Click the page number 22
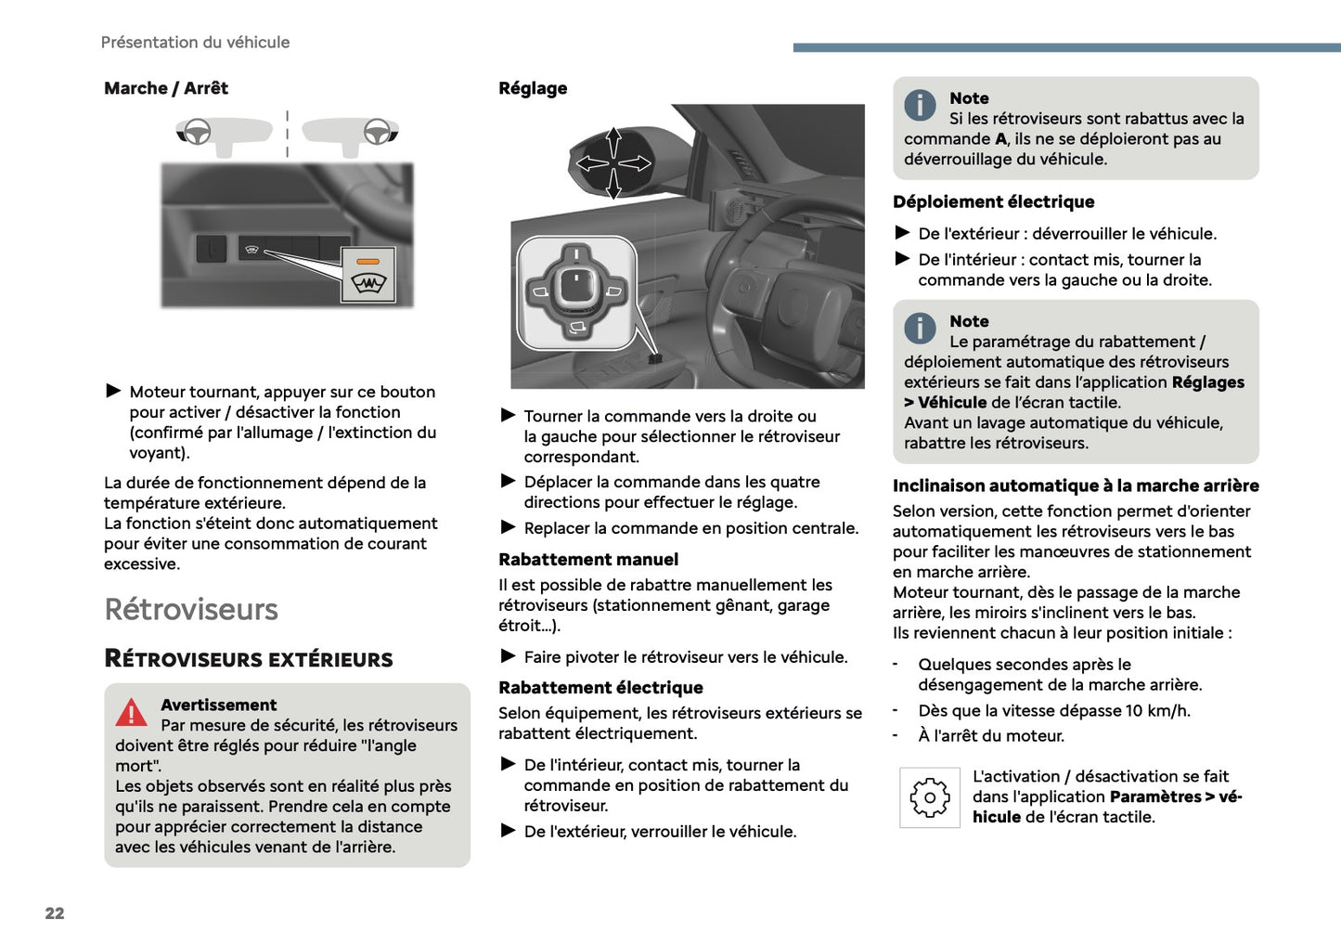(55, 913)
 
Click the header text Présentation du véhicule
(195, 42)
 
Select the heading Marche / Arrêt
(165, 88)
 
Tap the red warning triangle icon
(131, 713)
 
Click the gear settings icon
(929, 797)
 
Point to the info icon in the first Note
(920, 105)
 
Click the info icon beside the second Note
(920, 328)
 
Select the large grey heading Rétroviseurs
(191, 609)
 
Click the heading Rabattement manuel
(588, 560)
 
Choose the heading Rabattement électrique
(600, 688)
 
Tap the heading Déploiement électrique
(993, 201)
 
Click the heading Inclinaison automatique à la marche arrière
(1076, 485)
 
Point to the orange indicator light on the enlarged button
(368, 263)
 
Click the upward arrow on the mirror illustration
(613, 142)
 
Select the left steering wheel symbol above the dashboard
(196, 133)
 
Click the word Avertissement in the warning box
(218, 705)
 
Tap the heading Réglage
(533, 88)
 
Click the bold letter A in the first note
(1000, 139)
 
